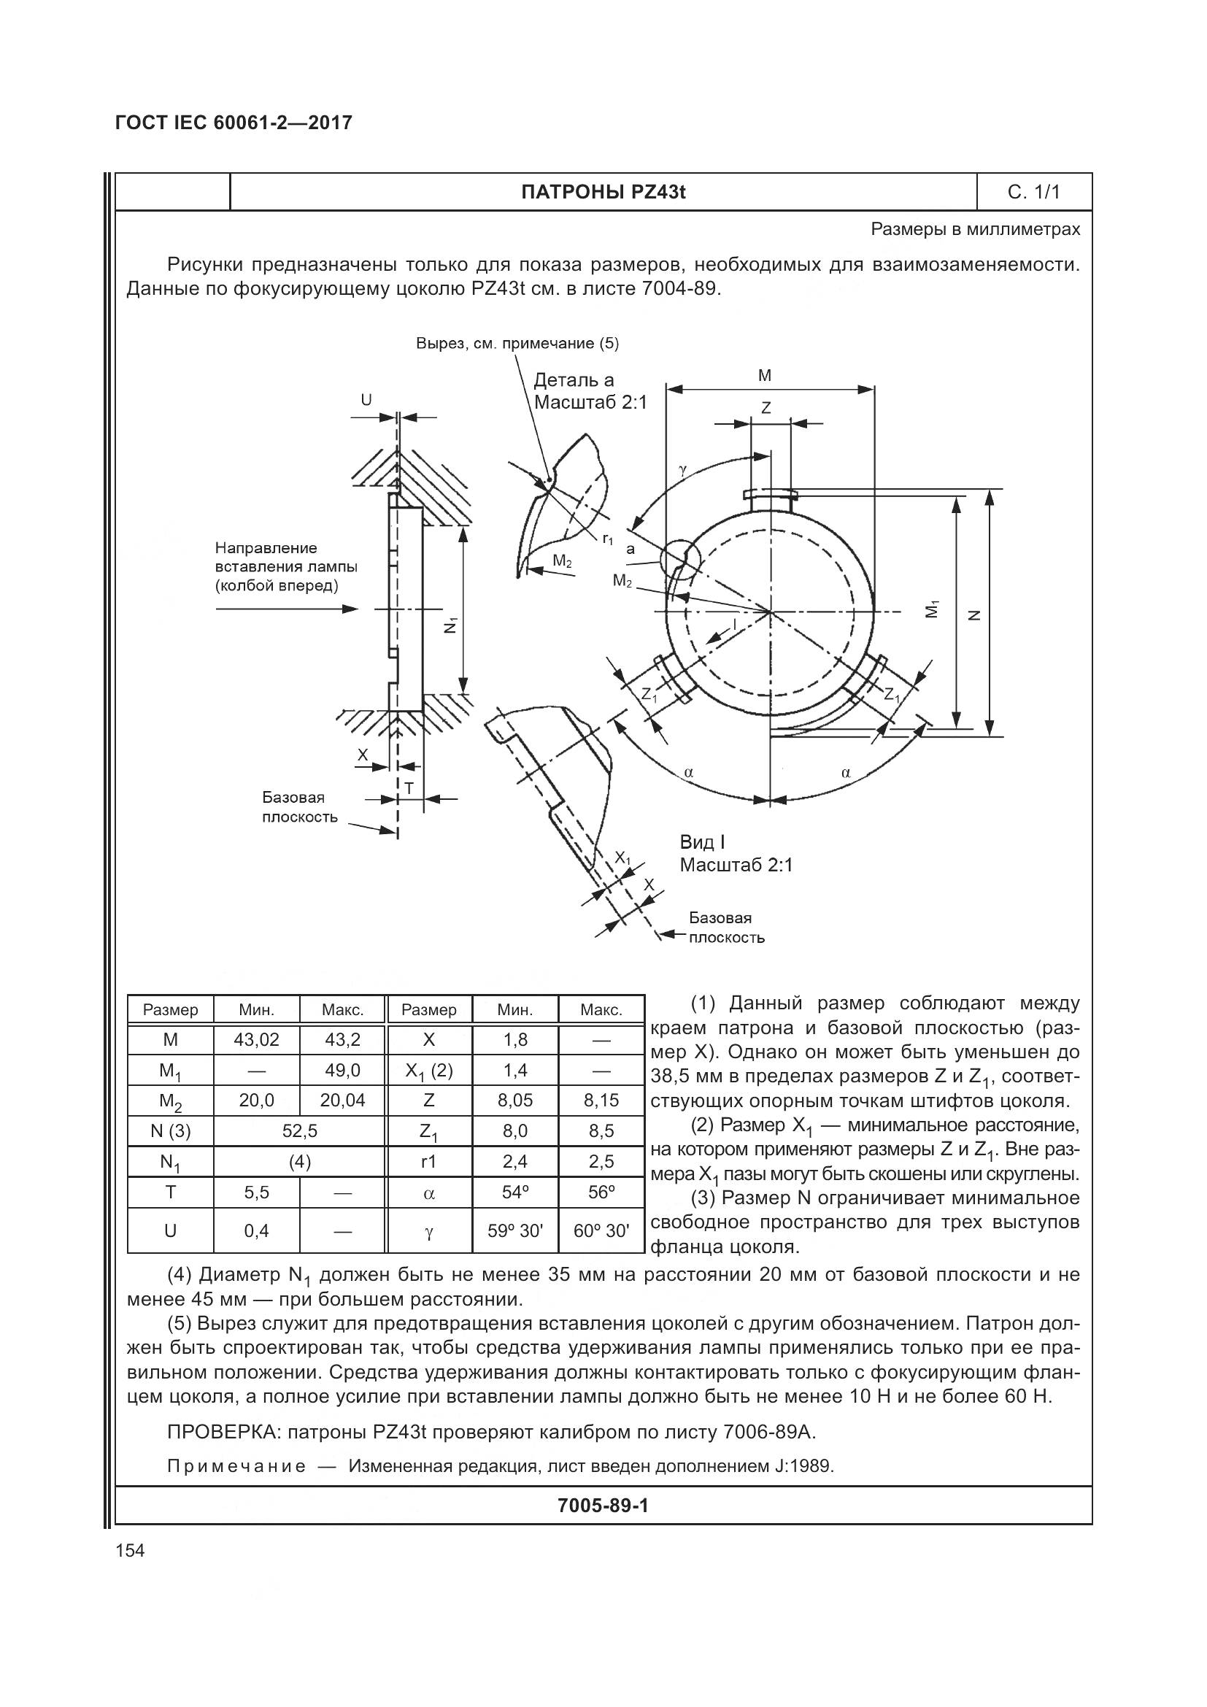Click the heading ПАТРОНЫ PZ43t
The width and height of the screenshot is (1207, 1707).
pyautogui.click(x=603, y=193)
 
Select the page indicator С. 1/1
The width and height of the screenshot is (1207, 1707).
pyautogui.click(x=1034, y=193)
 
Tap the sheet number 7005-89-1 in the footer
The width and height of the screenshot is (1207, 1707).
pyautogui.click(x=603, y=1506)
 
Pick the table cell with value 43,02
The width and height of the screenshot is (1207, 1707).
pyautogui.click(x=256, y=1039)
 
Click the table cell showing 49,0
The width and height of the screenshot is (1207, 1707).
pyautogui.click(x=343, y=1070)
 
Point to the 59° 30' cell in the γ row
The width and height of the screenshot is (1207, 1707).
pyautogui.click(x=515, y=1230)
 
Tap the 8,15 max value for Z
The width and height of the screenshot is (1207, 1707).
pyautogui.click(x=601, y=1101)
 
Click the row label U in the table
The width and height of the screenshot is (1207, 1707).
pyautogui.click(x=170, y=1230)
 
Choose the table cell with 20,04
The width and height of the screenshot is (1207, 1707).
pyautogui.click(x=343, y=1101)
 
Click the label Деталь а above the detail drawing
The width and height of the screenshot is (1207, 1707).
pyautogui.click(x=574, y=381)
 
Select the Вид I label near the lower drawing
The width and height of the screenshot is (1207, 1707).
pyautogui.click(x=702, y=842)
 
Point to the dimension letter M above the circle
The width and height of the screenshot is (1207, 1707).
pyautogui.click(x=765, y=376)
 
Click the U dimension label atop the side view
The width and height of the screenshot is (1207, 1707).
pyautogui.click(x=366, y=400)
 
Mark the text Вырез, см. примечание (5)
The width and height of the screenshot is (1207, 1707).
pyautogui.click(x=517, y=344)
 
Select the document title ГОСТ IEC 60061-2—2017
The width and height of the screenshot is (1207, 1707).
pyautogui.click(x=234, y=123)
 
